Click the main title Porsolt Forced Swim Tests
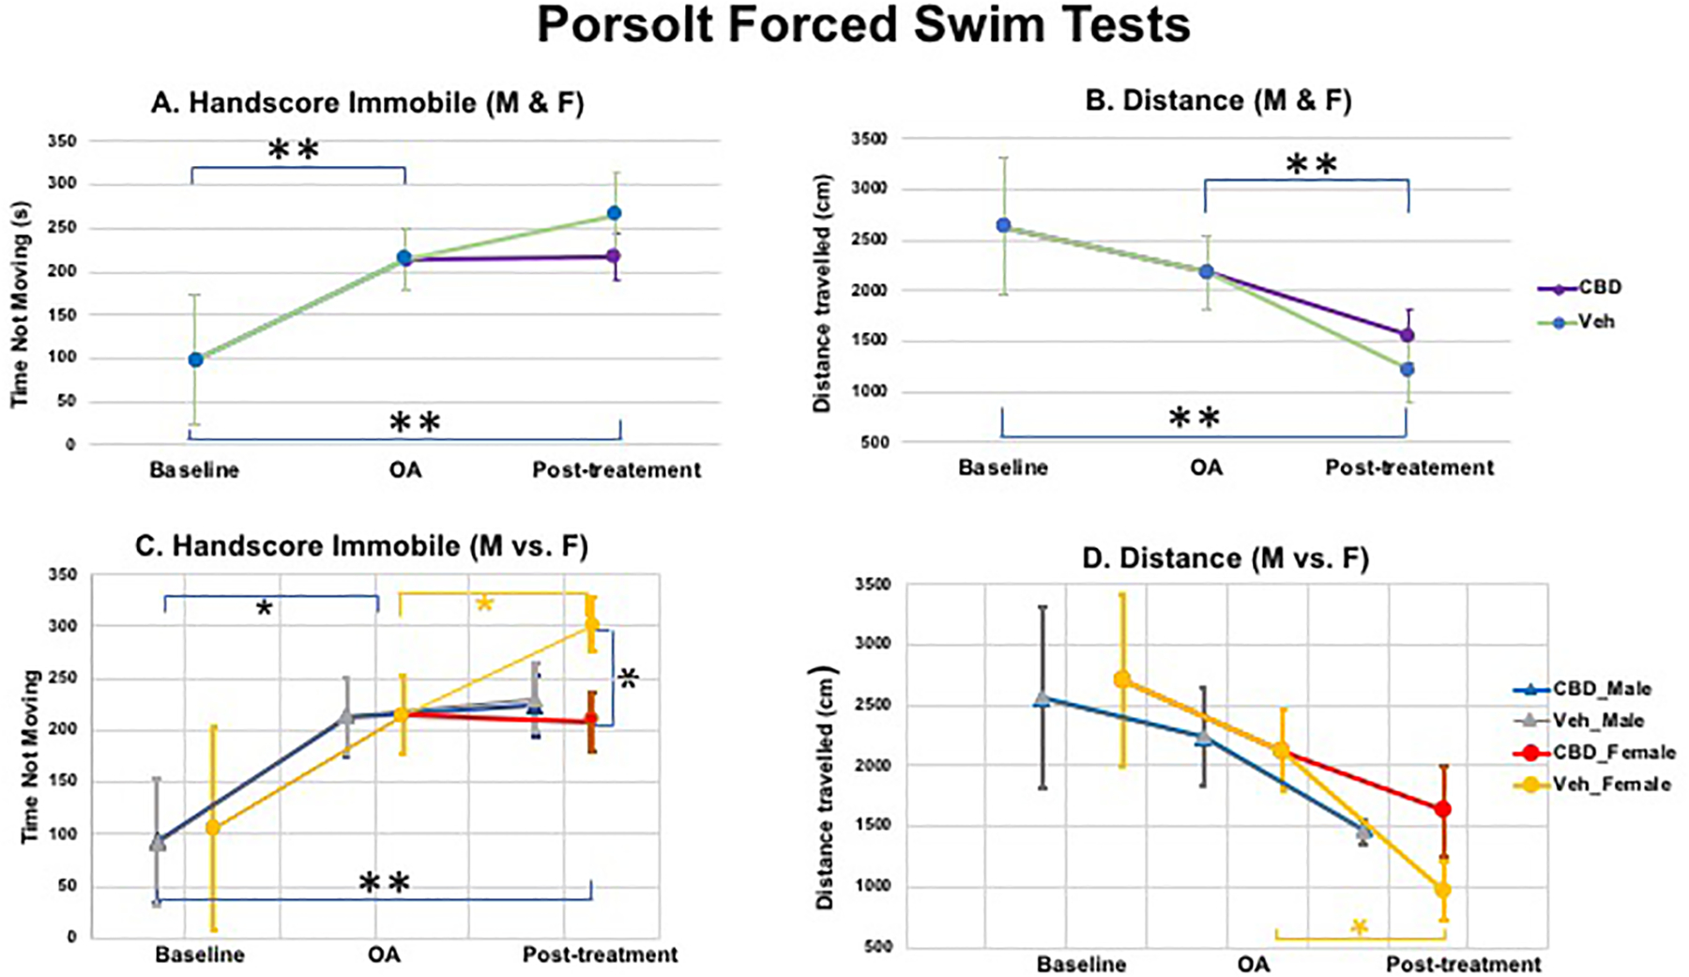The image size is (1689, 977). coord(863,26)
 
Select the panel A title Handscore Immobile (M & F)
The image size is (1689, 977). coord(367,102)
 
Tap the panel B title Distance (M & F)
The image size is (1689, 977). coord(1218,100)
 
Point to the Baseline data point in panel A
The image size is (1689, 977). coord(195,359)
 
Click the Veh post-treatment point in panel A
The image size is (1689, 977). coord(614,213)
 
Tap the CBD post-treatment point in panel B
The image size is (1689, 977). coord(1407,335)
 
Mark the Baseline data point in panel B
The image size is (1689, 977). coord(1003,225)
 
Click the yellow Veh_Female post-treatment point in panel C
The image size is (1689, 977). coord(591,624)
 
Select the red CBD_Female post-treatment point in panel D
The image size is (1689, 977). coord(1443,809)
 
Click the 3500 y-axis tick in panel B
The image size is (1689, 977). coord(869,139)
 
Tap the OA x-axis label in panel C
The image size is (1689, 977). coord(384,954)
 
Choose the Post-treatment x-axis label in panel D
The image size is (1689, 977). coord(1463,964)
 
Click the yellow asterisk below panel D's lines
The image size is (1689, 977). coord(1359,927)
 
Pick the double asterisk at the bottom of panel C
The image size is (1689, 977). coord(386,883)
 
